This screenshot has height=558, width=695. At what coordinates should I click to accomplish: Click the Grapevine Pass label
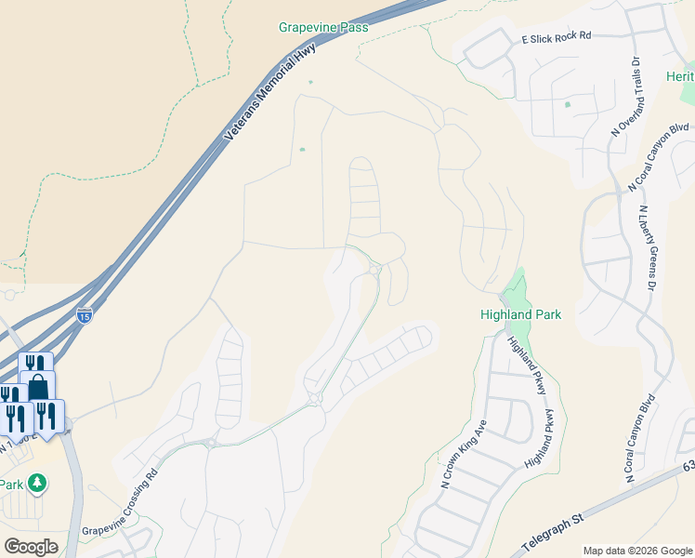pyautogui.click(x=323, y=28)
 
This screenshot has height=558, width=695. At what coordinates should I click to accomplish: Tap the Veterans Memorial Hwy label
pyautogui.click(x=270, y=91)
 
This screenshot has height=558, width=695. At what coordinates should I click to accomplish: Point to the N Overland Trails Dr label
pyautogui.click(x=625, y=98)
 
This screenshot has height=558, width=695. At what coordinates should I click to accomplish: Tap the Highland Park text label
pyautogui.click(x=520, y=314)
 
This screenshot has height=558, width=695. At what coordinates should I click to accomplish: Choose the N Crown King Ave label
pyautogui.click(x=465, y=455)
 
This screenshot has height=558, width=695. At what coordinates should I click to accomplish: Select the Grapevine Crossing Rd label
pyautogui.click(x=121, y=499)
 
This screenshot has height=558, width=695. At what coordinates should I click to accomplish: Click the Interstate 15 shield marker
pyautogui.click(x=85, y=316)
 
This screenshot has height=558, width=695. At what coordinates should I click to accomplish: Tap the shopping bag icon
pyautogui.click(x=38, y=385)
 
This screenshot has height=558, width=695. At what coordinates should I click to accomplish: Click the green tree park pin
pyautogui.click(x=37, y=483)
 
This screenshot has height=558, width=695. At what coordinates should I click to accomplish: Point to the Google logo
pyautogui.click(x=31, y=547)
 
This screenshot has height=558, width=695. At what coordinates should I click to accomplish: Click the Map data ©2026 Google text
pyautogui.click(x=637, y=551)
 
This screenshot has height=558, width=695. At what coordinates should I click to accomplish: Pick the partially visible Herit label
pyautogui.click(x=680, y=75)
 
